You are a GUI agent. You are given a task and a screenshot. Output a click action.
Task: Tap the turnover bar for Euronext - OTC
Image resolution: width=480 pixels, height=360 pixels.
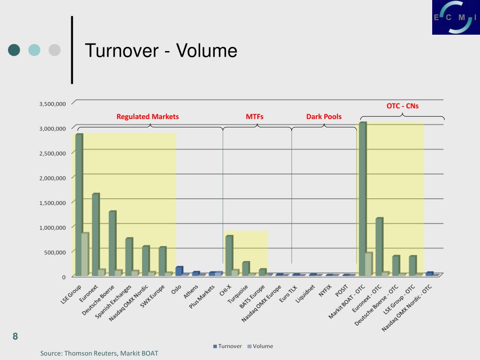pos(379,247)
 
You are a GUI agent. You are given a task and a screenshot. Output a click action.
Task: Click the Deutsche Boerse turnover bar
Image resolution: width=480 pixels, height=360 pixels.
pos(112,243)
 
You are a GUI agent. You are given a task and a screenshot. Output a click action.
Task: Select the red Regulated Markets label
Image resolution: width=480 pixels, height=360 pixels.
pos(148,117)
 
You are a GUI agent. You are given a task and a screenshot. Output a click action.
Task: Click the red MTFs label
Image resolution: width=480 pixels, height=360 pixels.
pos(255,117)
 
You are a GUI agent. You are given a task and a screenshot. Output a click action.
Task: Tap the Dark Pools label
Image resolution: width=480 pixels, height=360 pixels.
pos(324,117)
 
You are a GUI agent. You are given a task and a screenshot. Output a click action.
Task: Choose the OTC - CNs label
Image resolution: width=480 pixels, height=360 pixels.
pos(402,106)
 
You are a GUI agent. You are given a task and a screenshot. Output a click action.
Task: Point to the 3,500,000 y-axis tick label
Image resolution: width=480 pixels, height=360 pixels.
pos(52,104)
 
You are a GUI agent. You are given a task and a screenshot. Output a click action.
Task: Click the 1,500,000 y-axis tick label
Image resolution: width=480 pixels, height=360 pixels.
pos(52,203)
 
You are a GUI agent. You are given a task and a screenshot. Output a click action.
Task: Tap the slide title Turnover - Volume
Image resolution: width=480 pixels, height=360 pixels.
pos(161,51)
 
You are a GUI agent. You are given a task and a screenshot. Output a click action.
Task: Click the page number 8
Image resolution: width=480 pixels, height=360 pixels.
pos(15,336)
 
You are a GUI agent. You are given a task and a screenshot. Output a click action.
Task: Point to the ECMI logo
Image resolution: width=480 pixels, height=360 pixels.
pos(455,18)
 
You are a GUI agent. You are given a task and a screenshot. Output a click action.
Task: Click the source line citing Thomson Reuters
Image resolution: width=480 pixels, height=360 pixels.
pos(99,353)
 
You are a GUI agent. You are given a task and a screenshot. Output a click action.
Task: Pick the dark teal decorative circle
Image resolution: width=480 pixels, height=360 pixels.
pos(15,50)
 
